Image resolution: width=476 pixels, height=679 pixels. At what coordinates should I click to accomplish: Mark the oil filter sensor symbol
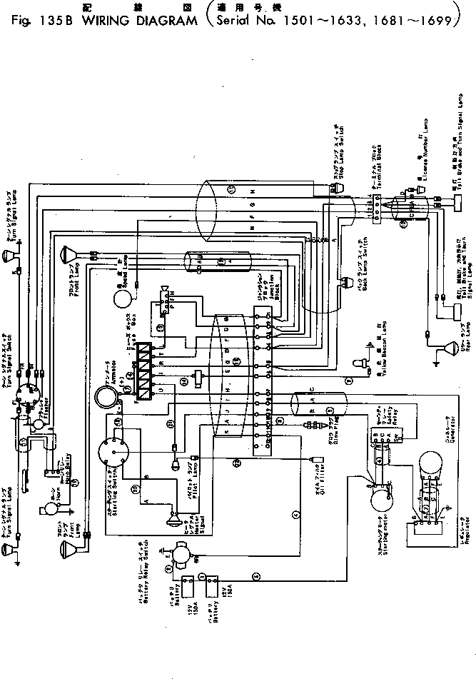[x=314, y=458]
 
